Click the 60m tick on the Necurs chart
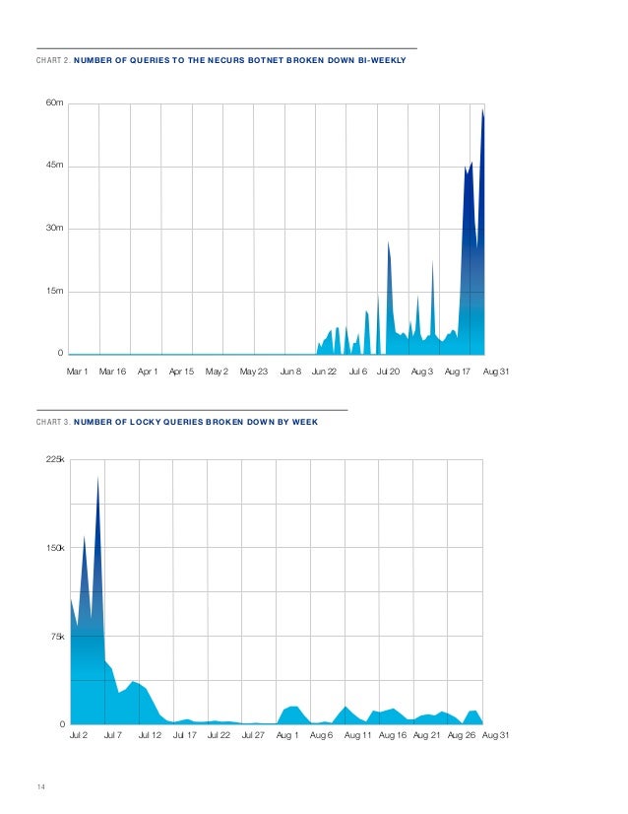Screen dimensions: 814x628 (55, 103)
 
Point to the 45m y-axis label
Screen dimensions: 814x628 (55, 166)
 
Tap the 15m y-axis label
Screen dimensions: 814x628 (55, 291)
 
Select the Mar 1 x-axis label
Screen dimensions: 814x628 (77, 372)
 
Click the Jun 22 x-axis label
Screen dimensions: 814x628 (324, 372)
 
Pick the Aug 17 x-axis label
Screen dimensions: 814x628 (459, 372)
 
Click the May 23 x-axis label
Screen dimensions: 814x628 (254, 372)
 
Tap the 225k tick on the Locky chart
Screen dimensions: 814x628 (55, 459)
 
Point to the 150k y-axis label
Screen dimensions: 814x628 (55, 548)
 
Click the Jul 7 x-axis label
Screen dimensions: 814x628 (113, 735)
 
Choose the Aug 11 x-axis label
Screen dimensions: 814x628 (358, 735)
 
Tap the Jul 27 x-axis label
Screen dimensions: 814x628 (253, 735)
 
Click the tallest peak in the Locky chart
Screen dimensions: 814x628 (97, 478)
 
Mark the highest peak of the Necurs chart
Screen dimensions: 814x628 (482, 109)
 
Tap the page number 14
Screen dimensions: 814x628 (40, 785)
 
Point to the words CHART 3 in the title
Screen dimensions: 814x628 (52, 421)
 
